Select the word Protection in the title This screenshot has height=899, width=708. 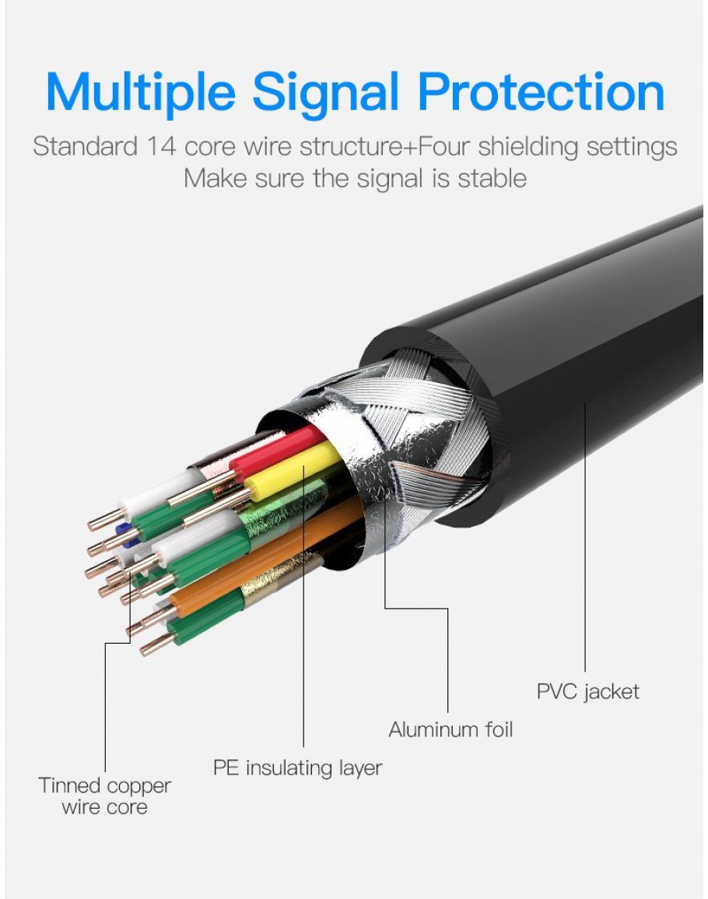[x=541, y=92]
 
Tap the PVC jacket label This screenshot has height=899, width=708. [x=587, y=690]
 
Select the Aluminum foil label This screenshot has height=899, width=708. [x=450, y=729]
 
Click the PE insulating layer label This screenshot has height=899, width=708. [x=298, y=768]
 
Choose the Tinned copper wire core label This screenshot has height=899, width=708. [x=104, y=796]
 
